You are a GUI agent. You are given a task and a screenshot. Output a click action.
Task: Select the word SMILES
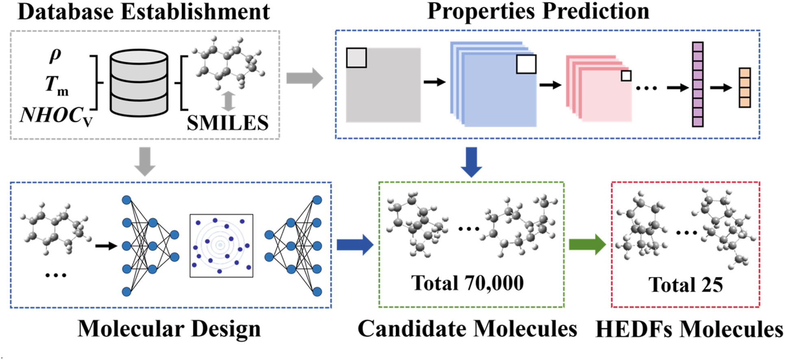[x=228, y=123]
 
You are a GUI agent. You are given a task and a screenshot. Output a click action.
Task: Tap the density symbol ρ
[x=55, y=55]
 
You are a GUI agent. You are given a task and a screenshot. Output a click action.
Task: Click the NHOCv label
[x=56, y=115]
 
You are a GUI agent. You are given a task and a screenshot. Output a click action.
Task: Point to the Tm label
[x=56, y=85]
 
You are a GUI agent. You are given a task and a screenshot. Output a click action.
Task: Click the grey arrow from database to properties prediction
[x=304, y=78]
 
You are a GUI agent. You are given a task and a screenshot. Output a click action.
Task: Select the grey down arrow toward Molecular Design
[x=145, y=161]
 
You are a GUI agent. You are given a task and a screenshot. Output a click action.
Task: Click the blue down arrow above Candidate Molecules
[x=471, y=162]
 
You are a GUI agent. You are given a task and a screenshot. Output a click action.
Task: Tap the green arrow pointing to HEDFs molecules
[x=587, y=244]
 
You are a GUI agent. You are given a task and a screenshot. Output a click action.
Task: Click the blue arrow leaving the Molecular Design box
[x=354, y=245]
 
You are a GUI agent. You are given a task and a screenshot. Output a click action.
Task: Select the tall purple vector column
[x=698, y=85]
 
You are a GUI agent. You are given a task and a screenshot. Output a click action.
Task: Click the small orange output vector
[x=745, y=88]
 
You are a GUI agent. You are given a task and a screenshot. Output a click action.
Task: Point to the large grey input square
[x=383, y=85]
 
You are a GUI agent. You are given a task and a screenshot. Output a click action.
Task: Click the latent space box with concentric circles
[x=221, y=246]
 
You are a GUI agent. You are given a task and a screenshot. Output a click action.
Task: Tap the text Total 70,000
[x=467, y=283]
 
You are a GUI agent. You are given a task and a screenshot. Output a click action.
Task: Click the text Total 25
[x=685, y=284]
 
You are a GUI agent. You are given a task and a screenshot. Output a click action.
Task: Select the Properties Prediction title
[x=538, y=11]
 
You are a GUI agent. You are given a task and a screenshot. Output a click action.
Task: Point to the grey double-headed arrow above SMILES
[x=228, y=101]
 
